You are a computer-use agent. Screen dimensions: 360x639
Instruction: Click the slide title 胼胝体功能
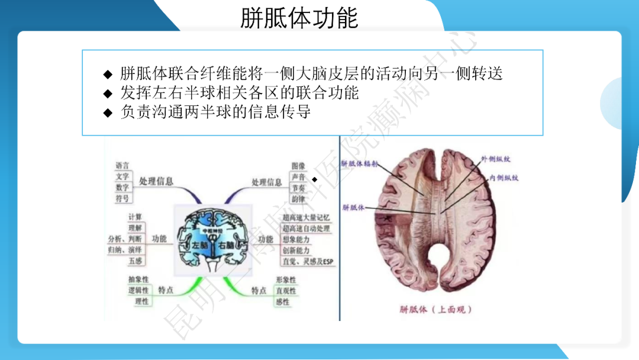tap(299, 18)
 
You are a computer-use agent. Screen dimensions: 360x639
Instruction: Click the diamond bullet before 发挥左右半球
tap(108, 94)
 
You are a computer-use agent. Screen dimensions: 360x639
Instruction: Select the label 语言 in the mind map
tap(122, 166)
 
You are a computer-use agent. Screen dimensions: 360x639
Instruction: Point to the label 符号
tap(122, 198)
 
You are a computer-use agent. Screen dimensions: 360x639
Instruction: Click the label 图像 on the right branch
tap(298, 166)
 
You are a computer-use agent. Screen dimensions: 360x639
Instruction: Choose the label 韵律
tap(298, 198)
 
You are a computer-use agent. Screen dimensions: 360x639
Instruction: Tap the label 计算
tap(135, 217)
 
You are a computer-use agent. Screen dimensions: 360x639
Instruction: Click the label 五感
tap(135, 261)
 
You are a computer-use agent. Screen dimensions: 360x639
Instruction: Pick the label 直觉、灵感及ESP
tap(308, 261)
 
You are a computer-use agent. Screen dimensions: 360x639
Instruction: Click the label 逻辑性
tap(138, 291)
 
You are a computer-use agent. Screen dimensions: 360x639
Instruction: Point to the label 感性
tap(283, 302)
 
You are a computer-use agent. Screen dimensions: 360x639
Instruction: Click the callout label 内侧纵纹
tap(503, 177)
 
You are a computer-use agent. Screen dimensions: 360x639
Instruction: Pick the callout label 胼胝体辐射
tap(359, 163)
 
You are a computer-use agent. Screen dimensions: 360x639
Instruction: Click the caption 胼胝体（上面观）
tap(437, 309)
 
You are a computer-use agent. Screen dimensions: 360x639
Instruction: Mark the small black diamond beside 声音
tap(315, 179)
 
